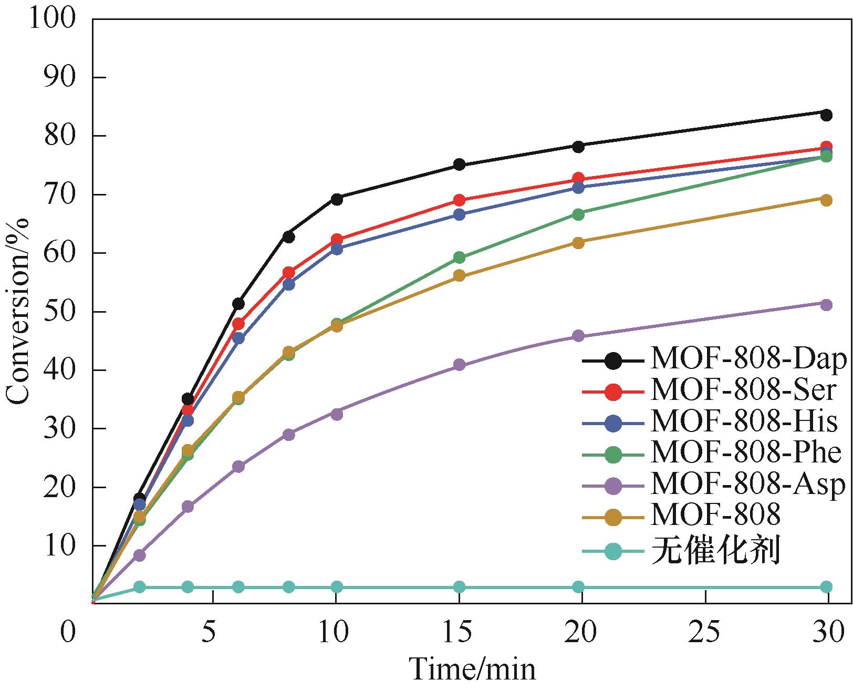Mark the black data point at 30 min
coord(826,115)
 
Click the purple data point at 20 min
coord(578,336)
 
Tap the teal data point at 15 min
coord(459,587)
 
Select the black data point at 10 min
coord(337,199)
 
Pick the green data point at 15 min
coord(459,258)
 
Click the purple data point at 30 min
coord(826,305)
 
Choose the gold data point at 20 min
coord(578,243)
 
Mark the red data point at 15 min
coord(459,200)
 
